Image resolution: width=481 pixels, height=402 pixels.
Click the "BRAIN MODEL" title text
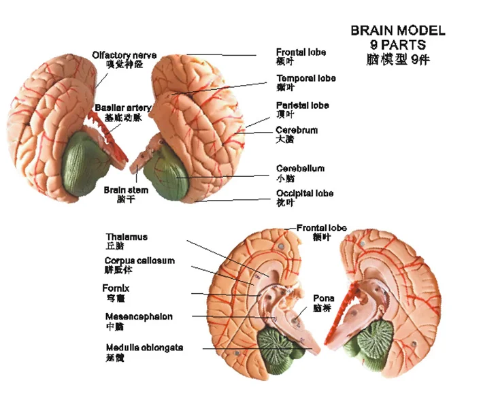(x=398, y=31)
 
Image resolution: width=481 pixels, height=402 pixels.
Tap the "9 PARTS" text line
(x=398, y=45)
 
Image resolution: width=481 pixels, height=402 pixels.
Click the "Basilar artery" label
(x=123, y=108)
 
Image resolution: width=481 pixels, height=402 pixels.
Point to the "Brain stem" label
(x=126, y=190)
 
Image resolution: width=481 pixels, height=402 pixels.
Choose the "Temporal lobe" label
(x=305, y=78)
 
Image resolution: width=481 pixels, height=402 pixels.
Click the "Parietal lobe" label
(x=303, y=105)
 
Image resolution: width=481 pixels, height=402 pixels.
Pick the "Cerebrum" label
(x=297, y=130)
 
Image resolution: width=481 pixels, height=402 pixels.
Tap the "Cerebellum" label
(x=300, y=168)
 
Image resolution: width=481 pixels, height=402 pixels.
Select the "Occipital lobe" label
(x=305, y=193)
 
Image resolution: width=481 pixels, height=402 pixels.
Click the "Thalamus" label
(x=127, y=237)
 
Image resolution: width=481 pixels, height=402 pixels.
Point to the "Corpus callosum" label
(x=139, y=261)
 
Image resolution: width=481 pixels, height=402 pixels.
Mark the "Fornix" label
(x=116, y=288)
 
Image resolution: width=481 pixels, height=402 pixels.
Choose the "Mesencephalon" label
(x=139, y=316)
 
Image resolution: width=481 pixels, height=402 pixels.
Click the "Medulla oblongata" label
(x=144, y=348)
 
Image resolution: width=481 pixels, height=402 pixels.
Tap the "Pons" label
(x=323, y=298)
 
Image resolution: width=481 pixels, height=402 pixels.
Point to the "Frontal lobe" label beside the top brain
(x=301, y=52)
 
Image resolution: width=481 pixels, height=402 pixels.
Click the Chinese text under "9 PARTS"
(x=398, y=59)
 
